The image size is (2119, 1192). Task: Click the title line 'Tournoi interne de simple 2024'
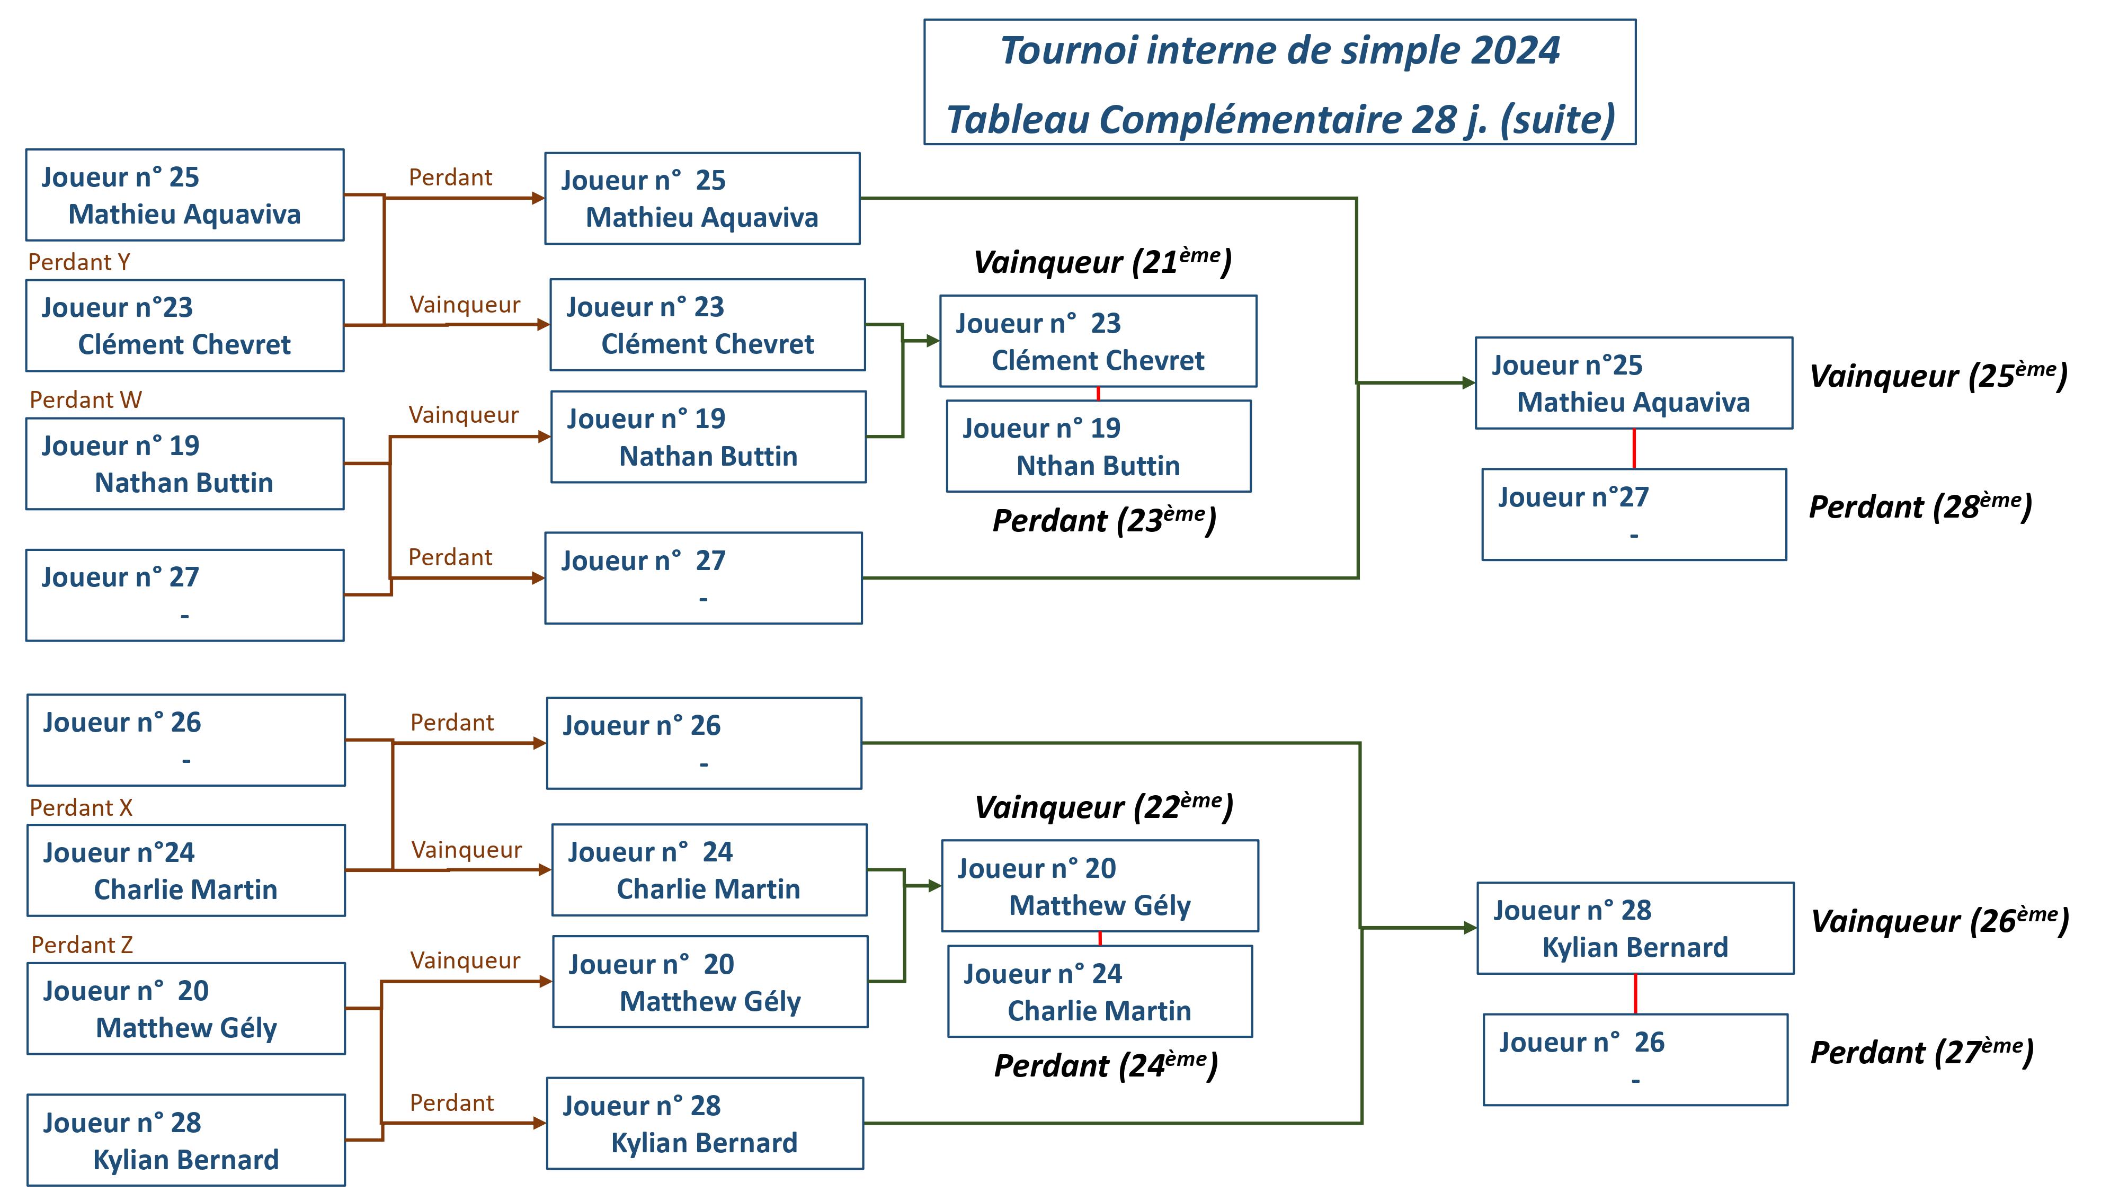1279,51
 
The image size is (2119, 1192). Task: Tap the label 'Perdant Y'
79,262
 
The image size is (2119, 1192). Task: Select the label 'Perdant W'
85,401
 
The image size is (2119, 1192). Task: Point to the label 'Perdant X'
81,808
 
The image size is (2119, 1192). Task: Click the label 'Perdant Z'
82,945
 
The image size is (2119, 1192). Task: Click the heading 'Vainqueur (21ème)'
1102,262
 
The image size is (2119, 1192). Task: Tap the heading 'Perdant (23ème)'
1104,521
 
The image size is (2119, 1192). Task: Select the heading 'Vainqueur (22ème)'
1104,807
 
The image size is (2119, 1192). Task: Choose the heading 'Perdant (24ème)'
1106,1066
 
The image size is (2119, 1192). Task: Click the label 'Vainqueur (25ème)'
1938,376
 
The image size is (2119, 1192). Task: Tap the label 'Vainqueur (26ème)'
1939,921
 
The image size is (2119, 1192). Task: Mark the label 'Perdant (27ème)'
1921,1052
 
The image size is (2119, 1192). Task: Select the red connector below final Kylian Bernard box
1635,994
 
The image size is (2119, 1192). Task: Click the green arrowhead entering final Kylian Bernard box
1470,928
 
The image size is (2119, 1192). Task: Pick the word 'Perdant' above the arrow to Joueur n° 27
450,558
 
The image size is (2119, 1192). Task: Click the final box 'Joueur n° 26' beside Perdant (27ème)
1635,1060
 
